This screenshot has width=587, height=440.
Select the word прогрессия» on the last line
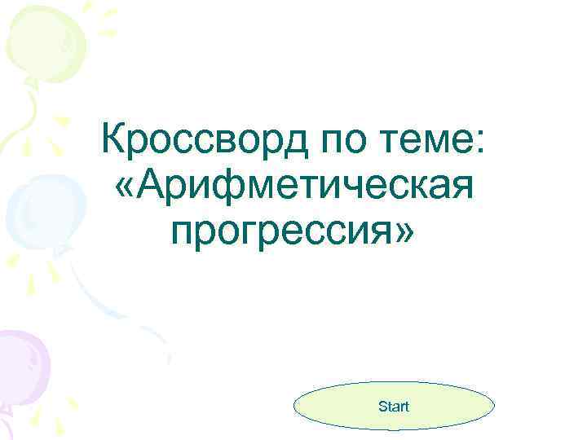[x=293, y=231]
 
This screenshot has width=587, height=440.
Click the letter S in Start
[x=382, y=406]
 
